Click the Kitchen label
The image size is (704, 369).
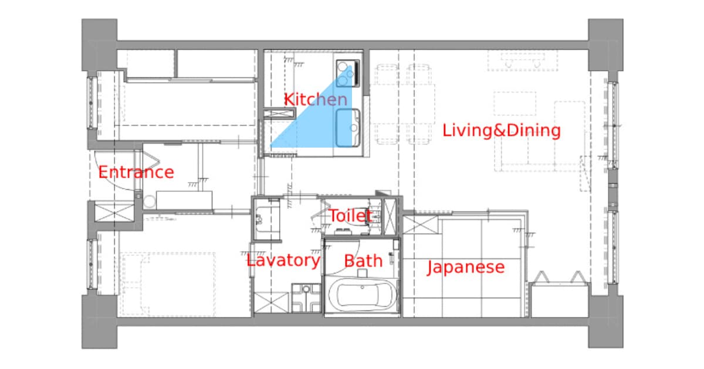click(316, 100)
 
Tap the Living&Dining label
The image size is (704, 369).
click(502, 130)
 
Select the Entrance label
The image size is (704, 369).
click(136, 172)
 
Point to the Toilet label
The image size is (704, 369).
click(351, 216)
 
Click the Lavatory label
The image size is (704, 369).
click(283, 261)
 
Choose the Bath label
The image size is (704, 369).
click(363, 261)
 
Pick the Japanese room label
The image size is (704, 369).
click(466, 267)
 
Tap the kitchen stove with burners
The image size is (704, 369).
click(348, 73)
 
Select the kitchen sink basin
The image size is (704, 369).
click(347, 128)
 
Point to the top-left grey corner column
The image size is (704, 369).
click(100, 45)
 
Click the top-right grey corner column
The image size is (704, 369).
click(605, 45)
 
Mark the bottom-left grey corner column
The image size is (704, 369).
click(100, 322)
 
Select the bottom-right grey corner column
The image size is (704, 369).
click(605, 322)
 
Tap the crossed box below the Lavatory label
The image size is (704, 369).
click(271, 302)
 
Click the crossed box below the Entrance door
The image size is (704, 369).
click(114, 213)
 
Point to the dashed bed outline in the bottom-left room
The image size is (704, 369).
click(168, 284)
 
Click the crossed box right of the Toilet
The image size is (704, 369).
click(390, 217)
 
